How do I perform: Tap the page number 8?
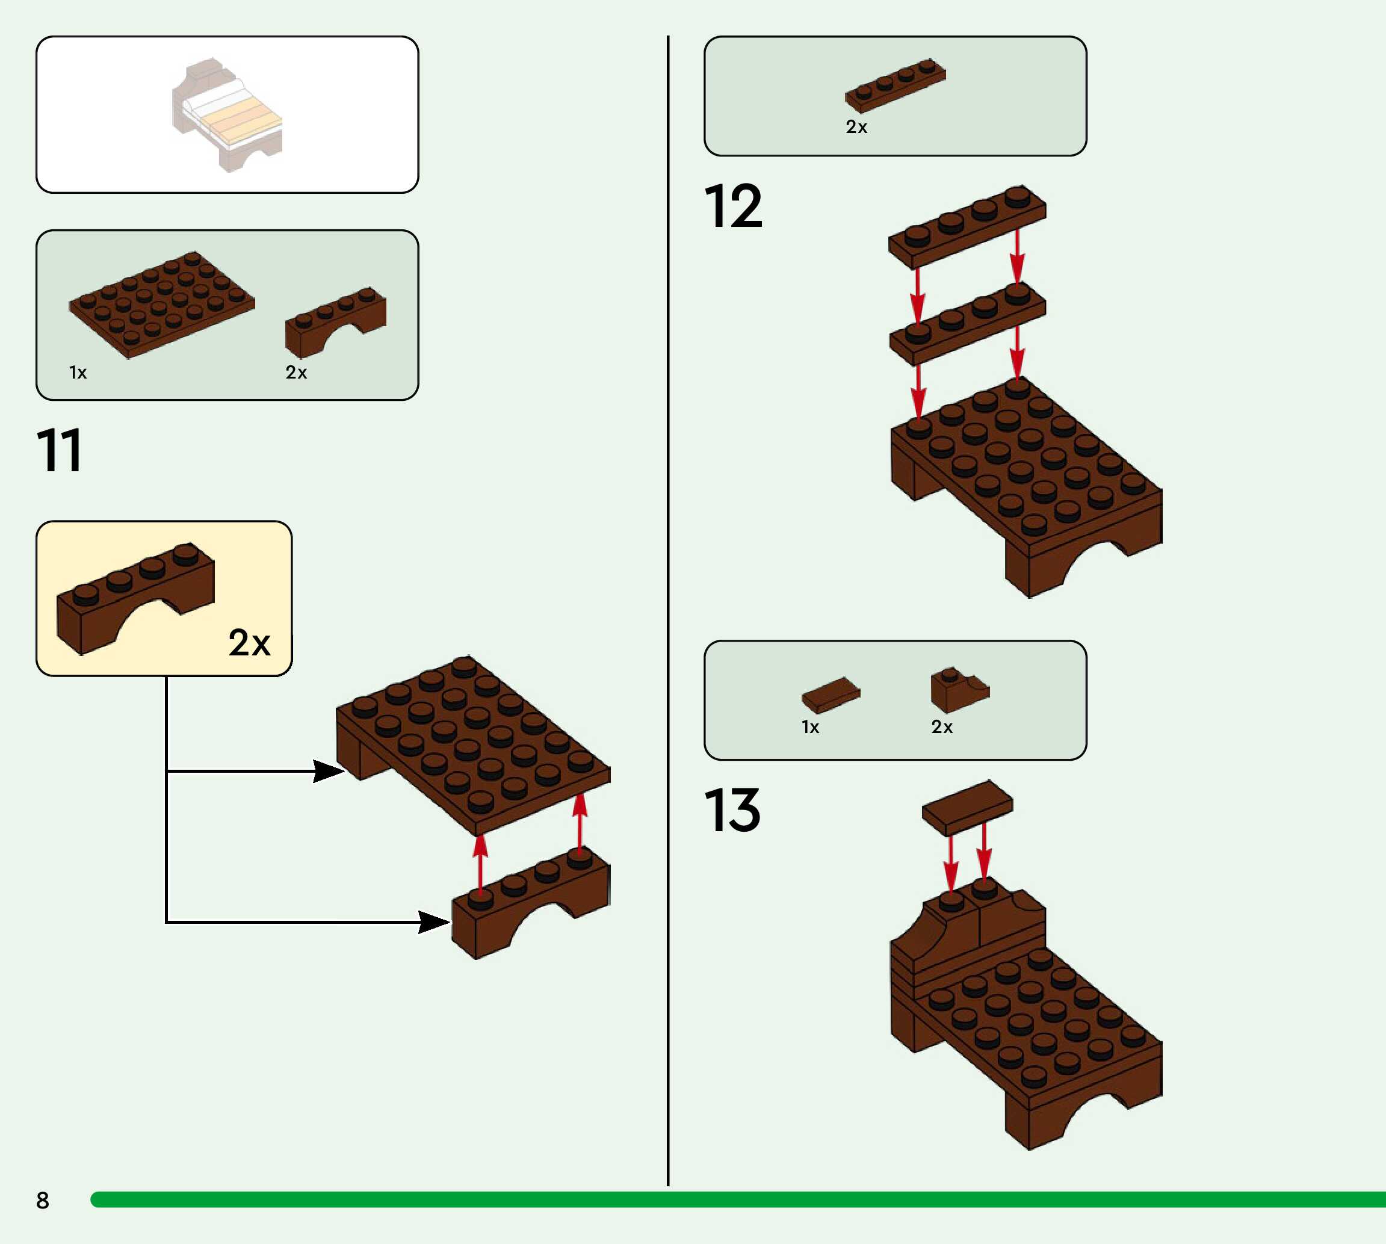[x=42, y=1199]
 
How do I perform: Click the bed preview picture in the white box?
[x=227, y=114]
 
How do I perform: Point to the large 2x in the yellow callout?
[x=249, y=643]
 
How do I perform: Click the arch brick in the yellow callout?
[x=135, y=596]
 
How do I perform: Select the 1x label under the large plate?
[x=78, y=373]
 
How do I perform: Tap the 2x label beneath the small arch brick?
[x=296, y=373]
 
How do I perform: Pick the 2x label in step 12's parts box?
[x=856, y=127]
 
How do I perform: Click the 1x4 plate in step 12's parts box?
[x=896, y=85]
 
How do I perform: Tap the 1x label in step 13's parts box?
[x=811, y=727]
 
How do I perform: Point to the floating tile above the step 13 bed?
[x=967, y=807]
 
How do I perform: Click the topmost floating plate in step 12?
[x=967, y=226]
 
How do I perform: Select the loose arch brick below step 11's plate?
[x=530, y=902]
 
